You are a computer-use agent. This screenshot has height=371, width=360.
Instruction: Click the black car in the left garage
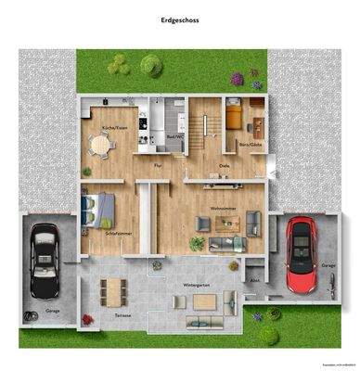[44, 259]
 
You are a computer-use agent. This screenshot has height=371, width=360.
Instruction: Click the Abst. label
[254, 279]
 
